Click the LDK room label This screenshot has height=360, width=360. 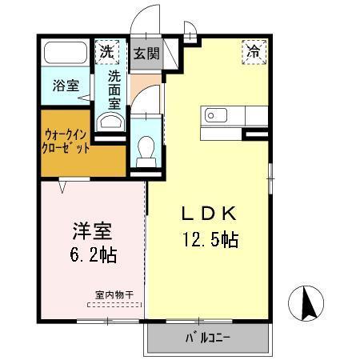pos(206,214)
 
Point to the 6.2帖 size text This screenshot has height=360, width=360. pos(92,256)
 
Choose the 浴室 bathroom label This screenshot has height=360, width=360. pos(66,86)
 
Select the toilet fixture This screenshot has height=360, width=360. pos(146,150)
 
